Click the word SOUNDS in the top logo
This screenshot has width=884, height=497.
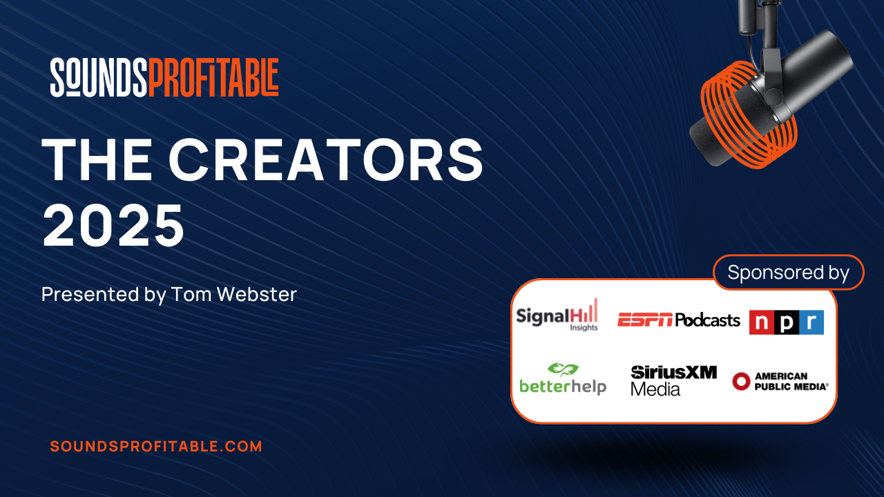[x=99, y=77]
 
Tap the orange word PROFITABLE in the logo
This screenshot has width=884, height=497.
[x=213, y=77]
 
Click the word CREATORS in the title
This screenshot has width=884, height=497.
[x=326, y=159]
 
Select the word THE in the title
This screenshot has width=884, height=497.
[x=97, y=159]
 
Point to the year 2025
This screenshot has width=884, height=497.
[x=114, y=226]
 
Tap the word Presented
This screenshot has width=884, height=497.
[x=90, y=294]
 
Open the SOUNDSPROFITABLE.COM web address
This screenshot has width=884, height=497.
[x=156, y=447]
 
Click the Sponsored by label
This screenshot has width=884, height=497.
[x=788, y=273]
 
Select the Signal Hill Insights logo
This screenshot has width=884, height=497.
[x=557, y=315]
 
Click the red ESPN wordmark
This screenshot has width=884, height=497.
[x=645, y=320]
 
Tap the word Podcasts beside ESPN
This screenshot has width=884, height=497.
[x=708, y=320]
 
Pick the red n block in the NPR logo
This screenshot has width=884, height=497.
[x=762, y=322]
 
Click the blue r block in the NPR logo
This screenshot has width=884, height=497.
[x=811, y=322]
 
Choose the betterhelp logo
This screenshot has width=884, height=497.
[x=563, y=379]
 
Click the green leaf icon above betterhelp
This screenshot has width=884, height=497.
[x=563, y=369]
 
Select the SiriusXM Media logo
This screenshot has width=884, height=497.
[x=673, y=380]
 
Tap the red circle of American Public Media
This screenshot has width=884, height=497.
[x=741, y=382]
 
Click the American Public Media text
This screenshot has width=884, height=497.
[x=791, y=382]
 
